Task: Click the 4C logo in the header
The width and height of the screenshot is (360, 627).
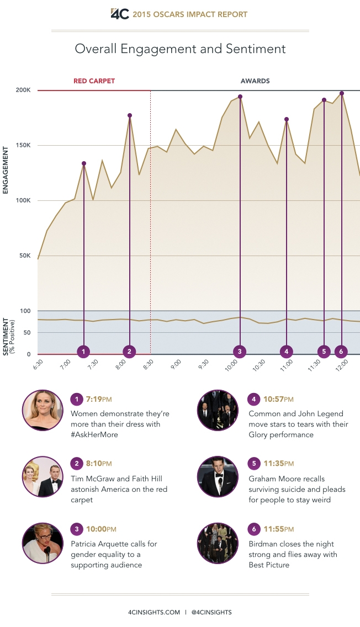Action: [x=120, y=14]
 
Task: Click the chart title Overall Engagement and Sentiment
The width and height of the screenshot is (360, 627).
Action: [x=180, y=49]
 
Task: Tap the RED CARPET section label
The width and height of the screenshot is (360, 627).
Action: [x=94, y=81]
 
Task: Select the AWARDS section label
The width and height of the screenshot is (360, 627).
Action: [x=255, y=81]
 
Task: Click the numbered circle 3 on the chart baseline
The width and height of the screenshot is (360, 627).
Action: [x=240, y=351]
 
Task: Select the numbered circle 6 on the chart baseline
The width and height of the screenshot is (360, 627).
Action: [x=341, y=351]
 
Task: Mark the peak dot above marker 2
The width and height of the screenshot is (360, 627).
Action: [x=130, y=115]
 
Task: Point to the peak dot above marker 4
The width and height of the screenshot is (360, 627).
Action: [x=287, y=119]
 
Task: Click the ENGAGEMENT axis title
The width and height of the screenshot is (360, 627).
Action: [x=6, y=169]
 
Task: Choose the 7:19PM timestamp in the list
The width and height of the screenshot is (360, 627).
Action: [x=99, y=399]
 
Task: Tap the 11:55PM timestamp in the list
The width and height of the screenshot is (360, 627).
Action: [x=279, y=530]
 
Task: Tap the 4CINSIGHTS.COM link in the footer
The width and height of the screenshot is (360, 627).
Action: [x=153, y=612]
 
